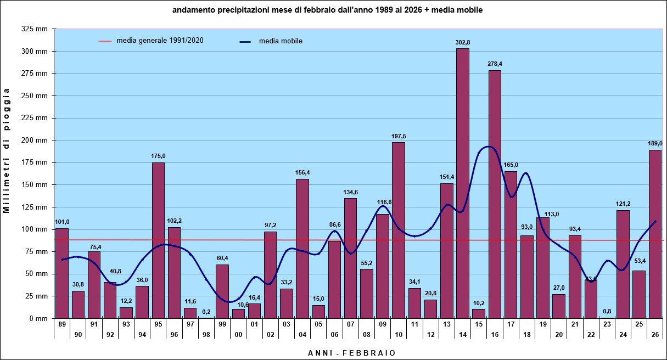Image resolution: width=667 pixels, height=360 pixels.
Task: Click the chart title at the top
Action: tap(327, 10)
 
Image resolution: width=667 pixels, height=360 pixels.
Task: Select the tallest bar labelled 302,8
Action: tap(463, 183)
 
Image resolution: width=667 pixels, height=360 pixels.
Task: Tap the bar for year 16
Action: tap(495, 194)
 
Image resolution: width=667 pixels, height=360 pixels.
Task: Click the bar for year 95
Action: tap(158, 240)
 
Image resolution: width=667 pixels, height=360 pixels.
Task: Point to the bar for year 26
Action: tap(655, 234)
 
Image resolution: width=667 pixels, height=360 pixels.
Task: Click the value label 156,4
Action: tap(302, 172)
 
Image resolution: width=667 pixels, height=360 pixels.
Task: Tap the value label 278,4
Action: tap(495, 64)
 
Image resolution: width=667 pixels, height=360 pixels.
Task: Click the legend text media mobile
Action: tap(281, 41)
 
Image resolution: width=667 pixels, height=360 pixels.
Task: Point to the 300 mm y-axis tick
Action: tap(35, 52)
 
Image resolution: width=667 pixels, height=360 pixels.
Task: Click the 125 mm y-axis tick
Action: tap(35, 207)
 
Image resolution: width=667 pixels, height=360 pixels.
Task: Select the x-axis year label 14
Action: tap(463, 334)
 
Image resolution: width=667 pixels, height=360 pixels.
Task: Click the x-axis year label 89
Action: tap(62, 324)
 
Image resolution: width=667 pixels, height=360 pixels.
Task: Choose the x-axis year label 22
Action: tap(591, 334)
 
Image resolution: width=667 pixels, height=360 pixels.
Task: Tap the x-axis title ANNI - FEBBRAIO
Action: tap(351, 353)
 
